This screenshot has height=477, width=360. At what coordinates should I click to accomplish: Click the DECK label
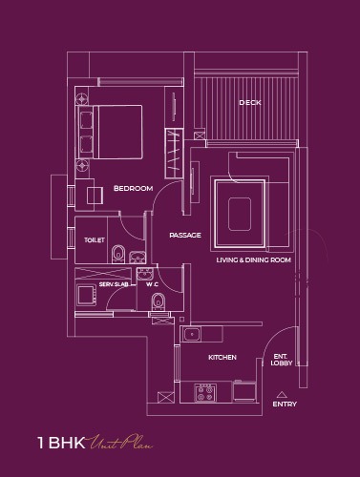pyautogui.click(x=250, y=102)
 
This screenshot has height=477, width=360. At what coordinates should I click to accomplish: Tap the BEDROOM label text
pyautogui.click(x=133, y=188)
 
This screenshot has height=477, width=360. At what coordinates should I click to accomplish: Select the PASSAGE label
pyautogui.click(x=185, y=235)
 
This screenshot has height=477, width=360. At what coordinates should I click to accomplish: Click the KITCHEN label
pyautogui.click(x=222, y=357)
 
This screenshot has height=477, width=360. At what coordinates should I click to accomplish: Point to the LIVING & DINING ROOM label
pyautogui.click(x=254, y=259)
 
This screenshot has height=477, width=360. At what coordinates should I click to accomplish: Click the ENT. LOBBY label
pyautogui.click(x=282, y=360)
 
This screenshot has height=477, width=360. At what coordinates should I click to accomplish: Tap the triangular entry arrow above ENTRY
pyautogui.click(x=281, y=395)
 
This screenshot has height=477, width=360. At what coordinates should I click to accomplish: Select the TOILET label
pyautogui.click(x=95, y=240)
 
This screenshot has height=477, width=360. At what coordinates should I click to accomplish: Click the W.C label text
pyautogui.click(x=152, y=284)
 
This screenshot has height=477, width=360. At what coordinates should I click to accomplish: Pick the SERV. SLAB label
pyautogui.click(x=114, y=284)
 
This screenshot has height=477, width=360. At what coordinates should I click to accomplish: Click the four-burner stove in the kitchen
pyautogui.click(x=205, y=393)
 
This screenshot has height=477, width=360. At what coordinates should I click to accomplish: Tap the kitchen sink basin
pyautogui.click(x=192, y=334)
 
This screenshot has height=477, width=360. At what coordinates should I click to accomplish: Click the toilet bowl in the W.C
pyautogui.click(x=159, y=301)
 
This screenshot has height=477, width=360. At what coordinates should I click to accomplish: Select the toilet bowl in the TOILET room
pyautogui.click(x=118, y=254)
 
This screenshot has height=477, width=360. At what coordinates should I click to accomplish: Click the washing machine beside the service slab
pyautogui.click(x=86, y=295)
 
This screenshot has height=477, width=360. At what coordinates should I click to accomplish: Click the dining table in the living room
pyautogui.click(x=240, y=214)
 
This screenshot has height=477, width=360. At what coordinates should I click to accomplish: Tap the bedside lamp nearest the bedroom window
pyautogui.click(x=82, y=98)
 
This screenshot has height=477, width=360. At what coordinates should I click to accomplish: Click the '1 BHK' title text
pyautogui.click(x=61, y=443)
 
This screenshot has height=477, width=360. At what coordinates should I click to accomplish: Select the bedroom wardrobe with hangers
pyautogui.click(x=174, y=154)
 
